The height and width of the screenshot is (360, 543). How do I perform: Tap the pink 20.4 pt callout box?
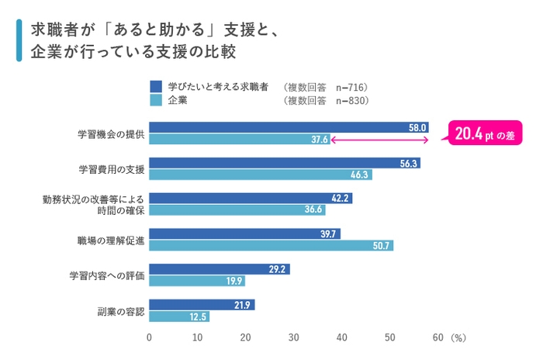pos(483,134)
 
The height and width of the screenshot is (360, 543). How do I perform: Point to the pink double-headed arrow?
pos(380,140)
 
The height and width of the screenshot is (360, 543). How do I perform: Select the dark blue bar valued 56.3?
pos(285,163)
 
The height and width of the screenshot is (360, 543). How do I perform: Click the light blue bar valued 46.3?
pos(261,175)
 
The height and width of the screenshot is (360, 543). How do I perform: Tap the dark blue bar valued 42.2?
pos(251,198)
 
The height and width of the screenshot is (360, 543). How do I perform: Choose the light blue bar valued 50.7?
pos(271,245)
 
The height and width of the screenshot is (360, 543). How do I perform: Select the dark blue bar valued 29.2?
pos(220,269)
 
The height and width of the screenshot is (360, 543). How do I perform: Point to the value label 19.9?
pos(235,281)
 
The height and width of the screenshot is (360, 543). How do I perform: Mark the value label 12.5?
pos(199,317)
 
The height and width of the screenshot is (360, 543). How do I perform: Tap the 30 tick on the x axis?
pos(293,337)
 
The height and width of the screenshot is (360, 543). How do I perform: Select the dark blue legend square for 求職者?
pos(155,86)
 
